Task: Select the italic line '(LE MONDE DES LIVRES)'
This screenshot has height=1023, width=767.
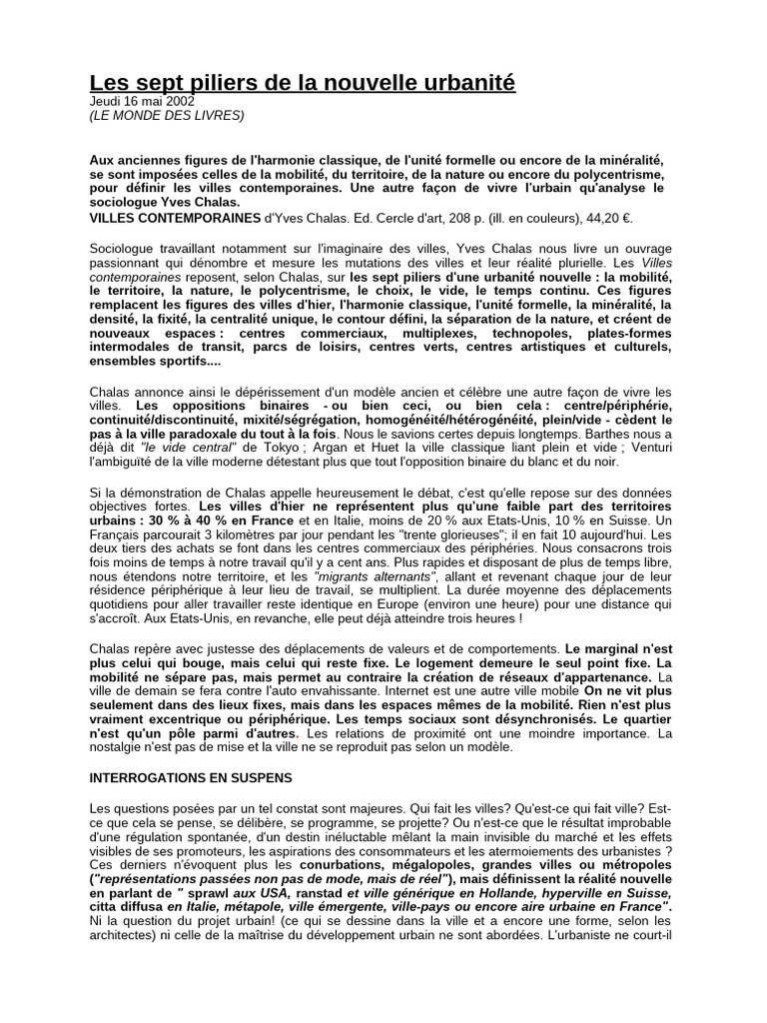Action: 167,115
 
